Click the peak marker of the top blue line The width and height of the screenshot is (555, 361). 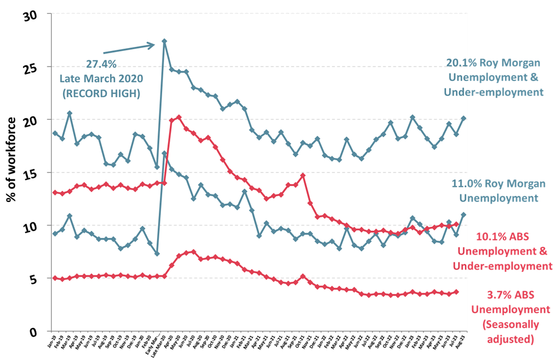click(165, 41)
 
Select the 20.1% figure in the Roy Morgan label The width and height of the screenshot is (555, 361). click(459, 63)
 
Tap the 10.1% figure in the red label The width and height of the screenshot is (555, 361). click(488, 237)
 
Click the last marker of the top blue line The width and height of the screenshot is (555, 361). click(463, 118)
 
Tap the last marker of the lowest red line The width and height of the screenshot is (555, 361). click(457, 292)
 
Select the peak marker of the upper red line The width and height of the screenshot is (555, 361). click(179, 117)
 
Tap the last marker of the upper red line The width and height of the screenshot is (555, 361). click(457, 224)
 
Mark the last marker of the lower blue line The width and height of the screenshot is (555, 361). click(463, 215)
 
